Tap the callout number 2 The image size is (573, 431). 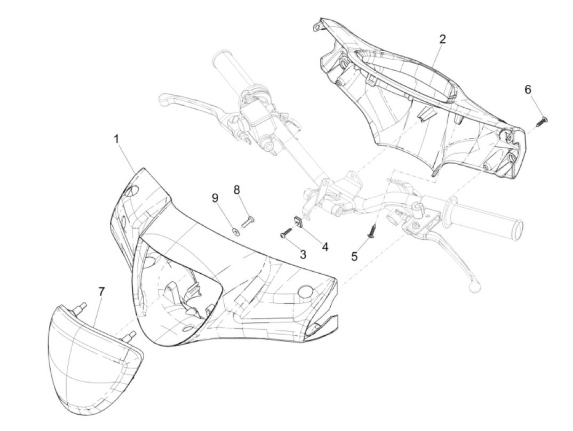point(442,39)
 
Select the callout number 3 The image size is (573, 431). point(303,254)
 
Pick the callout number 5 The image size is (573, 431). point(354,256)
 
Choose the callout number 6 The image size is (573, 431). point(528,89)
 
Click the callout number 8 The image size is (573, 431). point(237,190)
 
